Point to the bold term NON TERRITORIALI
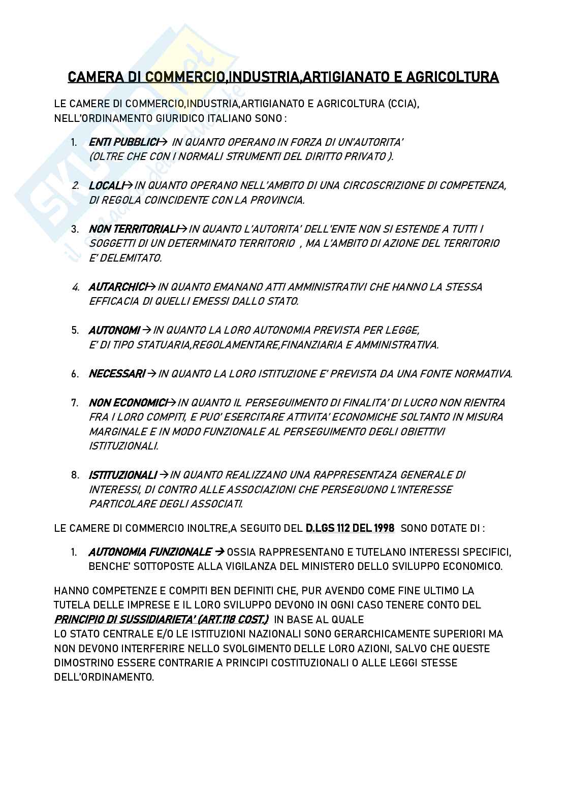coord(134,229)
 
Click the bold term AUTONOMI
coord(114,331)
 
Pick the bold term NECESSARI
coord(117,374)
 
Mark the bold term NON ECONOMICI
coord(128,403)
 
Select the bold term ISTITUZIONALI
coord(122,475)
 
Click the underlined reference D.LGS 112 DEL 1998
coord(350,528)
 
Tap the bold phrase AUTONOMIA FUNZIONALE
coord(150,552)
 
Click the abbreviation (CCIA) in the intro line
coord(403,104)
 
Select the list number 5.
coord(75,331)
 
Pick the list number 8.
coord(75,475)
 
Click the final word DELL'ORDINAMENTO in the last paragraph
coord(104,678)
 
